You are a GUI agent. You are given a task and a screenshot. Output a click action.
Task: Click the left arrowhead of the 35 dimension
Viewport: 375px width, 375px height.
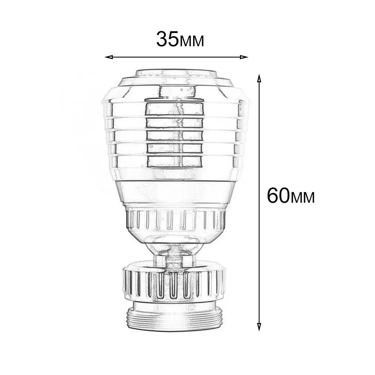point(108,57)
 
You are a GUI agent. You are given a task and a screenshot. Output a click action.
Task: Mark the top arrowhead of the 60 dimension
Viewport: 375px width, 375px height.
point(259,78)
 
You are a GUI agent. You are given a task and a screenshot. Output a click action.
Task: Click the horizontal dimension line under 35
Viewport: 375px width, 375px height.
point(176,57)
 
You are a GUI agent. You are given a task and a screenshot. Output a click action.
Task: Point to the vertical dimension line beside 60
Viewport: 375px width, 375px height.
point(259,149)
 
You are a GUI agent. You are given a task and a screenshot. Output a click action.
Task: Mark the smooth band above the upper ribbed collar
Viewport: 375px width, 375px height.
point(174,193)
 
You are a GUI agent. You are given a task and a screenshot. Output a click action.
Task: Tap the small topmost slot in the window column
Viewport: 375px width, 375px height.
point(176,91)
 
